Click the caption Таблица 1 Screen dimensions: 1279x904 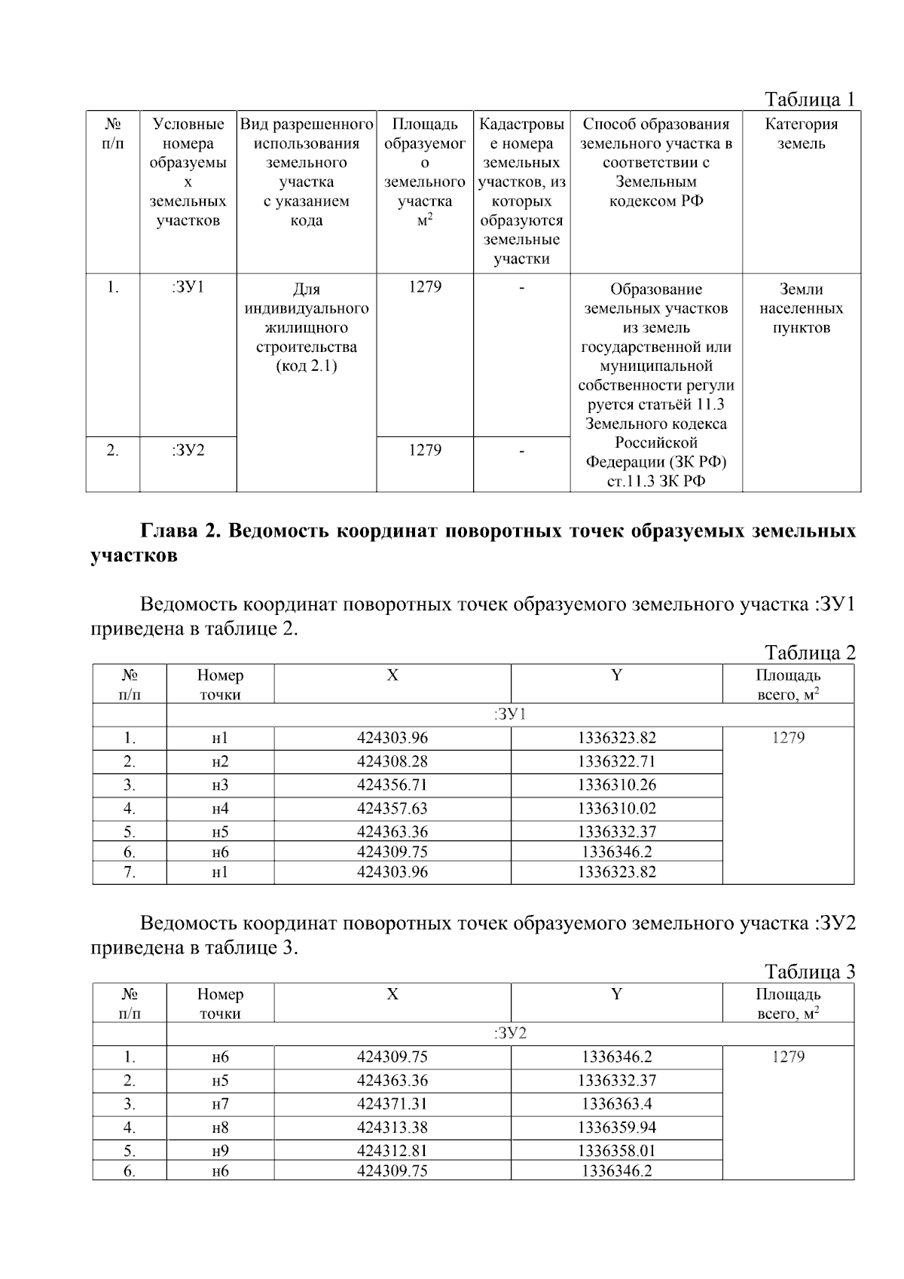810,99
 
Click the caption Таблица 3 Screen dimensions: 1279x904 810,971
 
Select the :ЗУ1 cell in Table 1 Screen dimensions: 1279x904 188,287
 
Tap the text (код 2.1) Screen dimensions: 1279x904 306,366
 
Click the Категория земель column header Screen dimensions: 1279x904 801,134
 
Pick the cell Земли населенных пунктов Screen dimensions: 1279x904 801,308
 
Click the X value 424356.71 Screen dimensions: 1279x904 392,785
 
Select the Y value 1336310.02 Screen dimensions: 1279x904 616,809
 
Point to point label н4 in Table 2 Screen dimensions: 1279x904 220,809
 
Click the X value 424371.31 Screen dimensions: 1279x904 392,1104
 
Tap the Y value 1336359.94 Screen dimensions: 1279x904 616,1128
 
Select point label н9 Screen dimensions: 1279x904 220,1151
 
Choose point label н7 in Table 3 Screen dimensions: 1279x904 220,1104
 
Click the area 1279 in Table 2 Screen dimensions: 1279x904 788,738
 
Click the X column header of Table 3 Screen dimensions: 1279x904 392,994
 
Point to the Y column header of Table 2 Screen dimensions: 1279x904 616,675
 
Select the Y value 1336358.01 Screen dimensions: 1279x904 616,1151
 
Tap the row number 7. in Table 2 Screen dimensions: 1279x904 130,872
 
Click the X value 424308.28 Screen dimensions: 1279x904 392,761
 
